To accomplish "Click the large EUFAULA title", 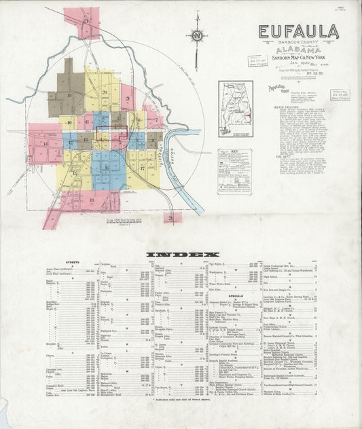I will coord(298,32).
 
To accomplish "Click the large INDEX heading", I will coord(181,255).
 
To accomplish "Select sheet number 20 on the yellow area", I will coord(105,93).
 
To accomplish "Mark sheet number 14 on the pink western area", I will coord(46,143).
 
